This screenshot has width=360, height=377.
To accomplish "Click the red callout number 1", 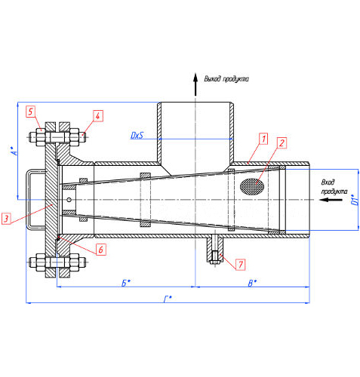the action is (263, 139).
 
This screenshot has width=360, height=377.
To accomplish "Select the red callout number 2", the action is (282, 143).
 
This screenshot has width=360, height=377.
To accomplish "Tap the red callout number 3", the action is (6, 219).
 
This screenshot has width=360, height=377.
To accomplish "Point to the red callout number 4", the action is (97, 116).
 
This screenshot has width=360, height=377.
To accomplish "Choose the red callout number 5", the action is (30, 112).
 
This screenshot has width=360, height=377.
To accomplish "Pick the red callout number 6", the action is (101, 250).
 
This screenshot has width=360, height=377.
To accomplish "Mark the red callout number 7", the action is (241, 265).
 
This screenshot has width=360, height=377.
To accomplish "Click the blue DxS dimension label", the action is (137, 135).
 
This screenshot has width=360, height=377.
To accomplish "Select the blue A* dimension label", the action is (15, 150).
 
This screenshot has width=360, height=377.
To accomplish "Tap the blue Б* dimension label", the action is (126, 283).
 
